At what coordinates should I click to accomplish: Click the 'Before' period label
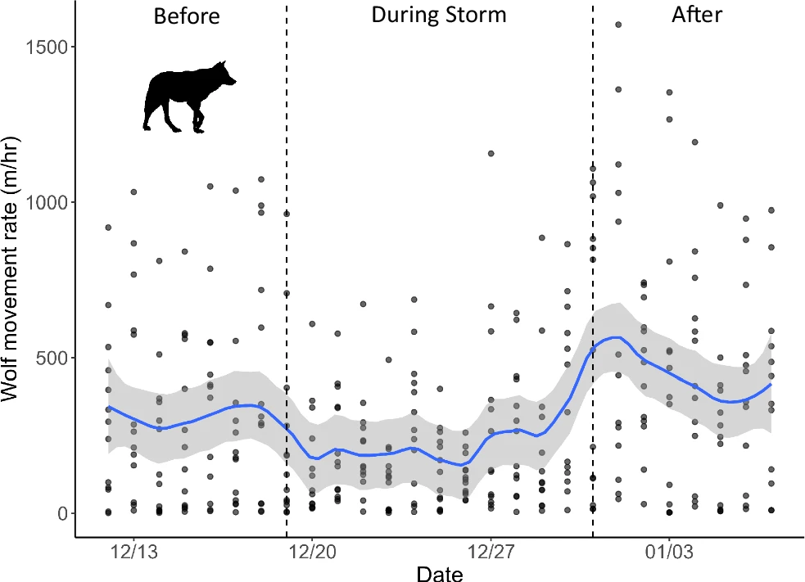187,16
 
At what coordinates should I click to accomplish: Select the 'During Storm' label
439,15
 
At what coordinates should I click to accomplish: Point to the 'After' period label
697,15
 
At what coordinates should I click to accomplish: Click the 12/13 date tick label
133,553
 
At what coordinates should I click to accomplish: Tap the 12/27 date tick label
491,553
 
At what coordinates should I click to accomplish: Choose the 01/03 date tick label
669,553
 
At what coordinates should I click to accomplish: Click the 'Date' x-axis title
440,573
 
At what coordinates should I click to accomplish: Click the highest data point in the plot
618,25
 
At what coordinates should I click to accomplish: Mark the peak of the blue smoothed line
617,337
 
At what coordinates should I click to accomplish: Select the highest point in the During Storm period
491,153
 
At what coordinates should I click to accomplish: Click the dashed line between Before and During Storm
287,270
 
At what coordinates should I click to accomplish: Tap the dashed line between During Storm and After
592,270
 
